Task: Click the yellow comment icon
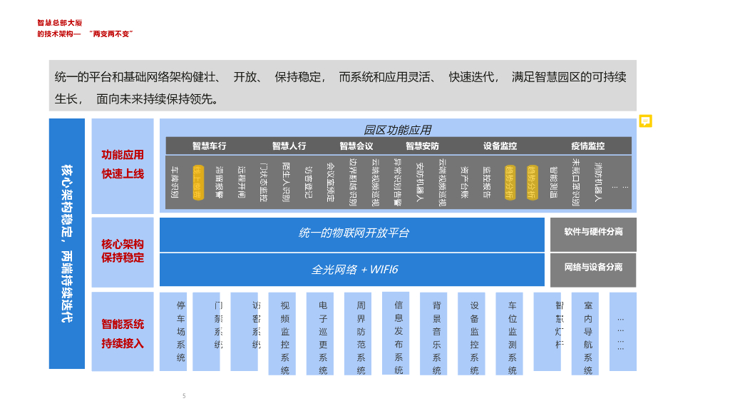pyautogui.click(x=646, y=121)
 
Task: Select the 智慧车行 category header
pyautogui.click(x=209, y=146)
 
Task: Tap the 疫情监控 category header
pyautogui.click(x=587, y=146)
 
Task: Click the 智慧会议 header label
pyautogui.click(x=356, y=146)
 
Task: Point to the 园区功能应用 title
pyautogui.click(x=397, y=130)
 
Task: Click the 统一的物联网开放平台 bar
pyautogui.click(x=353, y=233)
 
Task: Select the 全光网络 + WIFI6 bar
pyautogui.click(x=353, y=270)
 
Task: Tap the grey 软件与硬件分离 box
pyautogui.click(x=593, y=233)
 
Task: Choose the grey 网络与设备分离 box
pyautogui.click(x=593, y=268)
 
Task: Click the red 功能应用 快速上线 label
pyautogui.click(x=123, y=164)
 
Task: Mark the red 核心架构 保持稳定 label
pyautogui.click(x=123, y=250)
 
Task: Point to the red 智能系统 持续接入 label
pyautogui.click(x=123, y=333)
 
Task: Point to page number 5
pyautogui.click(x=184, y=395)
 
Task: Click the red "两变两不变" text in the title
pyautogui.click(x=112, y=34)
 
